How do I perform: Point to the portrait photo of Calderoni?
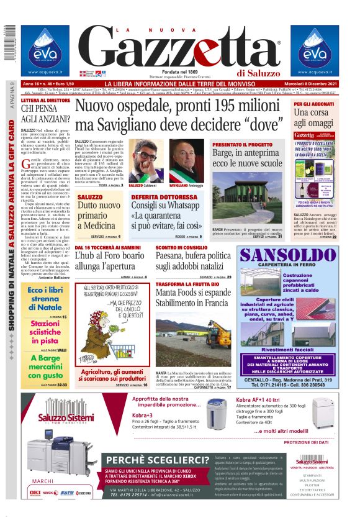(x=144, y=163)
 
